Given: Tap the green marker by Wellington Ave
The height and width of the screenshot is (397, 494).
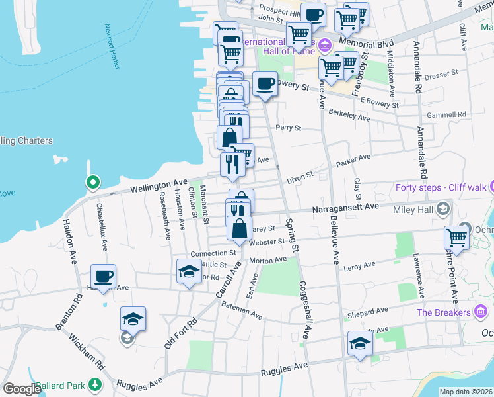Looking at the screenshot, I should point(93,182).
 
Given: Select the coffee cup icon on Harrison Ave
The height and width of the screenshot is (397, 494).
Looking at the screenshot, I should point(102,276).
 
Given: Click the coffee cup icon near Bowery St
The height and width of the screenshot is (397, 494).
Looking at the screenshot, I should point(265,84).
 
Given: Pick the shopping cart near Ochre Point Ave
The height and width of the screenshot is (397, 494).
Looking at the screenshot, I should point(456,238).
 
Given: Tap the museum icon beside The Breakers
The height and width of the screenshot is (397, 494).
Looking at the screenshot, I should point(481,312).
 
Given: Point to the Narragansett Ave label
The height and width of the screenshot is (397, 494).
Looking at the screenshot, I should point(345,207).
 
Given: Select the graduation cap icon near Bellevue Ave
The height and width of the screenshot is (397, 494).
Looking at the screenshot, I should point(360,343).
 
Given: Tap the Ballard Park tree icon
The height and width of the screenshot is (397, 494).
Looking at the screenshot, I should point(95,384).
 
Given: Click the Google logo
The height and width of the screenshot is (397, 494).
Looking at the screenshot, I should point(21,389).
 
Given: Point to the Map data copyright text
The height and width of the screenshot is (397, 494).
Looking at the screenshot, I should point(466,392).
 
